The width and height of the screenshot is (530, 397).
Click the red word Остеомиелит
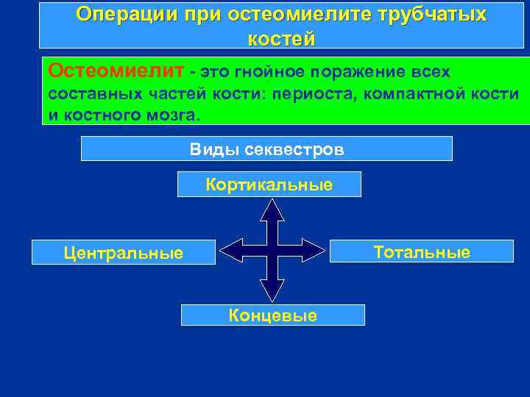116,71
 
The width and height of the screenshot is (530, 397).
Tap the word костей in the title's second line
282,39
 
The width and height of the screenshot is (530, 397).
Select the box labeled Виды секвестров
266,149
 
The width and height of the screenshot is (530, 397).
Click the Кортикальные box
269,185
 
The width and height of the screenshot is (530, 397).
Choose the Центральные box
124,254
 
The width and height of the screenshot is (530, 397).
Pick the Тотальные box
421,252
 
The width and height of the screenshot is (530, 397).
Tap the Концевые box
272,315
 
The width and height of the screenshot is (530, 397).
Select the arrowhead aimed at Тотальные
314,251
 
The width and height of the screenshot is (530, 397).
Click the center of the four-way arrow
272,251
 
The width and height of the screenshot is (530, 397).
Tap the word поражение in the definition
356,73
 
